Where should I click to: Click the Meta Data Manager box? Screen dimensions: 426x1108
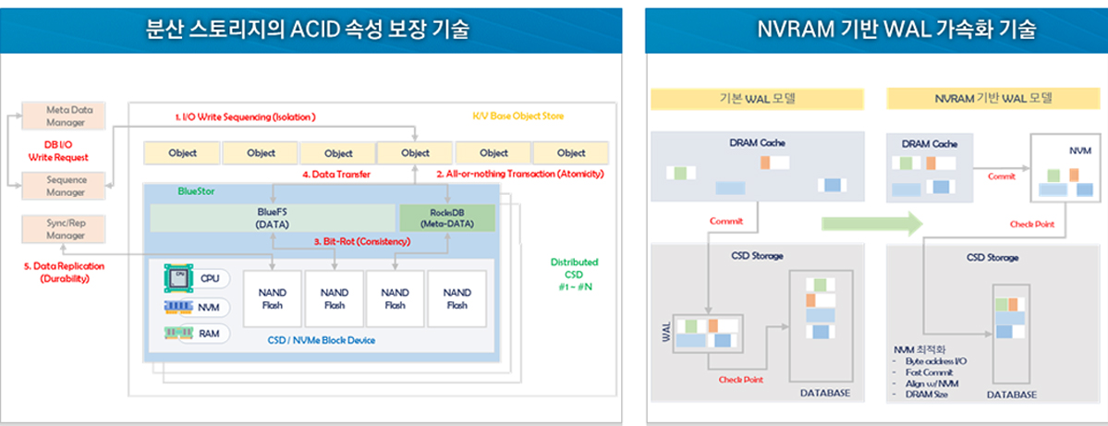(66, 116)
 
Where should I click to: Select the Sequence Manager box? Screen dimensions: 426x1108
(66, 186)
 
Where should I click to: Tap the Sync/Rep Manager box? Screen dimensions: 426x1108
(66, 229)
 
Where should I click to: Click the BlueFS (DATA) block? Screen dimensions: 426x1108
(273, 218)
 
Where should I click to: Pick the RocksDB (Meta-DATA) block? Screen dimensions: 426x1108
(447, 218)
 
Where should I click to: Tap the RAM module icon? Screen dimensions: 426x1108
(177, 333)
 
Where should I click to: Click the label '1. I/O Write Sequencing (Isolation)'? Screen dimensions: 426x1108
(246, 117)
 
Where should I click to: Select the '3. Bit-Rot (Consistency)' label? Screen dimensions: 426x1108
(361, 241)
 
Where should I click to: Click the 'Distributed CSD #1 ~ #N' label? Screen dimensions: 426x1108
(573, 273)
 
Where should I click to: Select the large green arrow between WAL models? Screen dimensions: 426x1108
(873, 224)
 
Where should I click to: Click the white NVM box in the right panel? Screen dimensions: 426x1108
(1063, 167)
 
